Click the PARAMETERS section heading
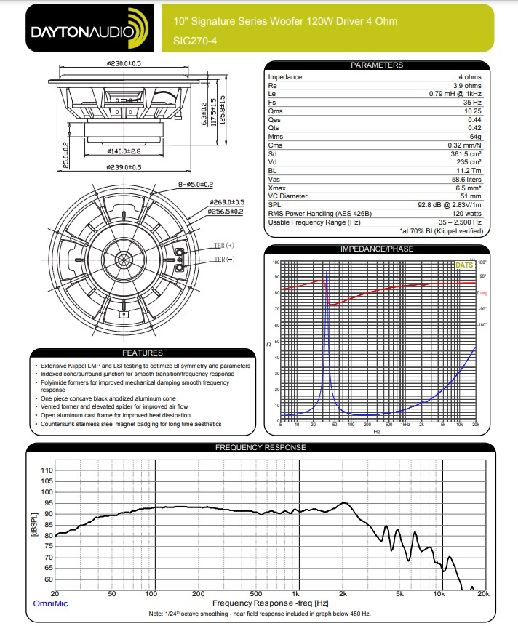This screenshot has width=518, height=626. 376,65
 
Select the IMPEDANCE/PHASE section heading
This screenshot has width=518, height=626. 376,249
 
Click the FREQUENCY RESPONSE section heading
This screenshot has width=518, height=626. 260,448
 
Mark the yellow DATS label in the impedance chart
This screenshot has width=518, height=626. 463,265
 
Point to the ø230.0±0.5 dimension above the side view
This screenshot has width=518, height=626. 123,64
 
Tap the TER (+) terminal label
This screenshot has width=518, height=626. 223,245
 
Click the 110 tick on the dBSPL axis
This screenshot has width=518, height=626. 46,470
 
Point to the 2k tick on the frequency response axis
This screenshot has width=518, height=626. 343,594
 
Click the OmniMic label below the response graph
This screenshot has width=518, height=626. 49,603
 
